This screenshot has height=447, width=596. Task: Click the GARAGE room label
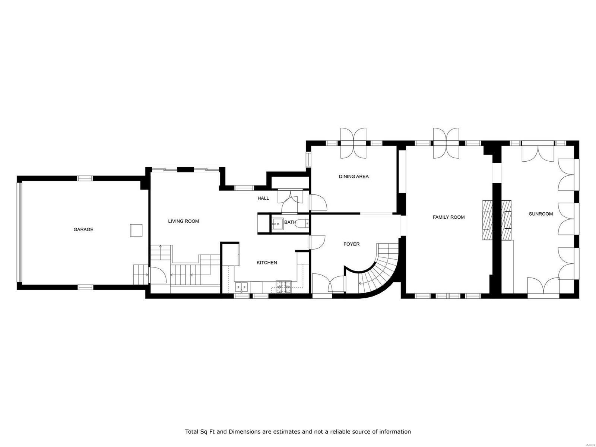click(x=83, y=229)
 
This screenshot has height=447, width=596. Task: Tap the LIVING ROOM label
click(x=183, y=221)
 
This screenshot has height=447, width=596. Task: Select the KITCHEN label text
click(x=267, y=263)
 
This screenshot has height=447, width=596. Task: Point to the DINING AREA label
click(x=354, y=177)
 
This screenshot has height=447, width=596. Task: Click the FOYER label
click(x=351, y=244)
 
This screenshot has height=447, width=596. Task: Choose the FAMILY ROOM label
click(x=448, y=217)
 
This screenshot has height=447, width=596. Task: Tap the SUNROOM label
click(x=540, y=214)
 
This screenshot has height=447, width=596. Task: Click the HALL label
click(x=263, y=198)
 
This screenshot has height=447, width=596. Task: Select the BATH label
click(x=290, y=222)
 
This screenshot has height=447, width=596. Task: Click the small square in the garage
click(x=136, y=230)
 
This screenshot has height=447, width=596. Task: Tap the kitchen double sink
click(x=242, y=286)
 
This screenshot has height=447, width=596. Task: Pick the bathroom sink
click(x=277, y=224)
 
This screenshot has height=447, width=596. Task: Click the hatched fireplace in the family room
click(x=487, y=220)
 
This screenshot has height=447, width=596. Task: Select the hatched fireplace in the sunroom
click(x=506, y=220)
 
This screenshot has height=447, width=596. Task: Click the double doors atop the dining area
click(x=354, y=143)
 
